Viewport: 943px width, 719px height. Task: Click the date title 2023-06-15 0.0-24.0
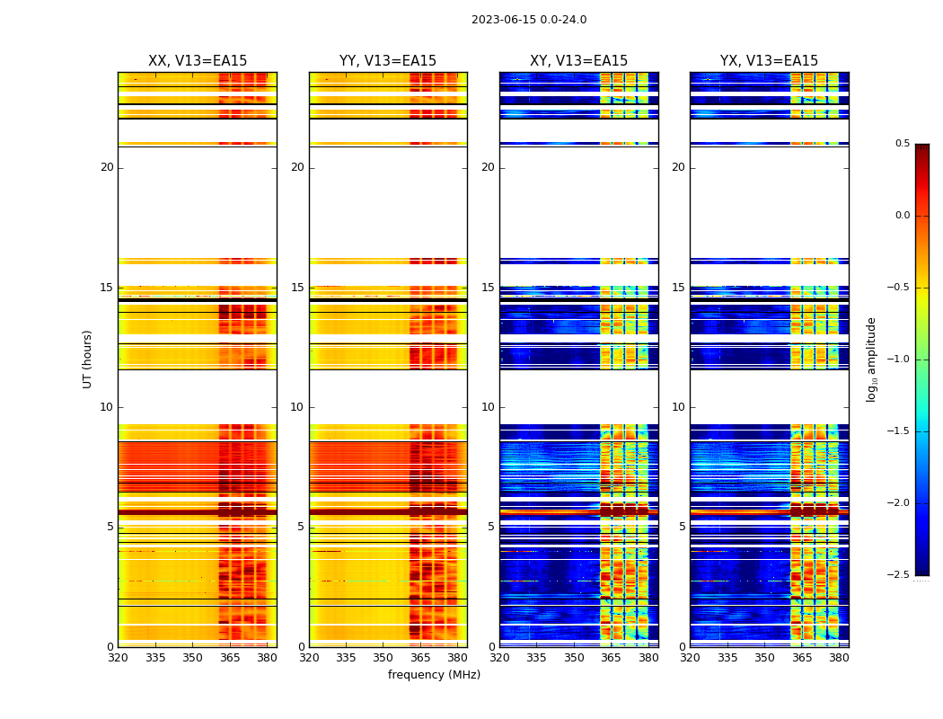tap(529, 20)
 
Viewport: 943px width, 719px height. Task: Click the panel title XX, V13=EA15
tap(198, 61)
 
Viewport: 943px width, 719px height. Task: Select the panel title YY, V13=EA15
tap(388, 61)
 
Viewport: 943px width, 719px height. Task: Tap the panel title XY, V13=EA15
tap(578, 61)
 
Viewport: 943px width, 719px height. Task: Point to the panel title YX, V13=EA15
tap(769, 61)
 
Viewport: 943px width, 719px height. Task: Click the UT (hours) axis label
tap(88, 359)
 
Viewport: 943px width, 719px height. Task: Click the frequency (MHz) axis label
tap(434, 675)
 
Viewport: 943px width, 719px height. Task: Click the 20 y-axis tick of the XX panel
tap(107, 167)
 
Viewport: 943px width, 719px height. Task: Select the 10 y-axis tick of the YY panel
tap(297, 407)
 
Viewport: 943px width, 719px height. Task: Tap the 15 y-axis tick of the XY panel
tap(488, 288)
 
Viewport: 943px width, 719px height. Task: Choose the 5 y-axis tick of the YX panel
tap(682, 527)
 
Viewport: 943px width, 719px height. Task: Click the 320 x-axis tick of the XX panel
tap(118, 658)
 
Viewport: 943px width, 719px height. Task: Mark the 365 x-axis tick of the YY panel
tap(420, 658)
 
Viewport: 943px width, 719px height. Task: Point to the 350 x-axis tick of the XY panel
tap(574, 658)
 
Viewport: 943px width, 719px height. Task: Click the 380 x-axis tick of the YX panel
tap(839, 658)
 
